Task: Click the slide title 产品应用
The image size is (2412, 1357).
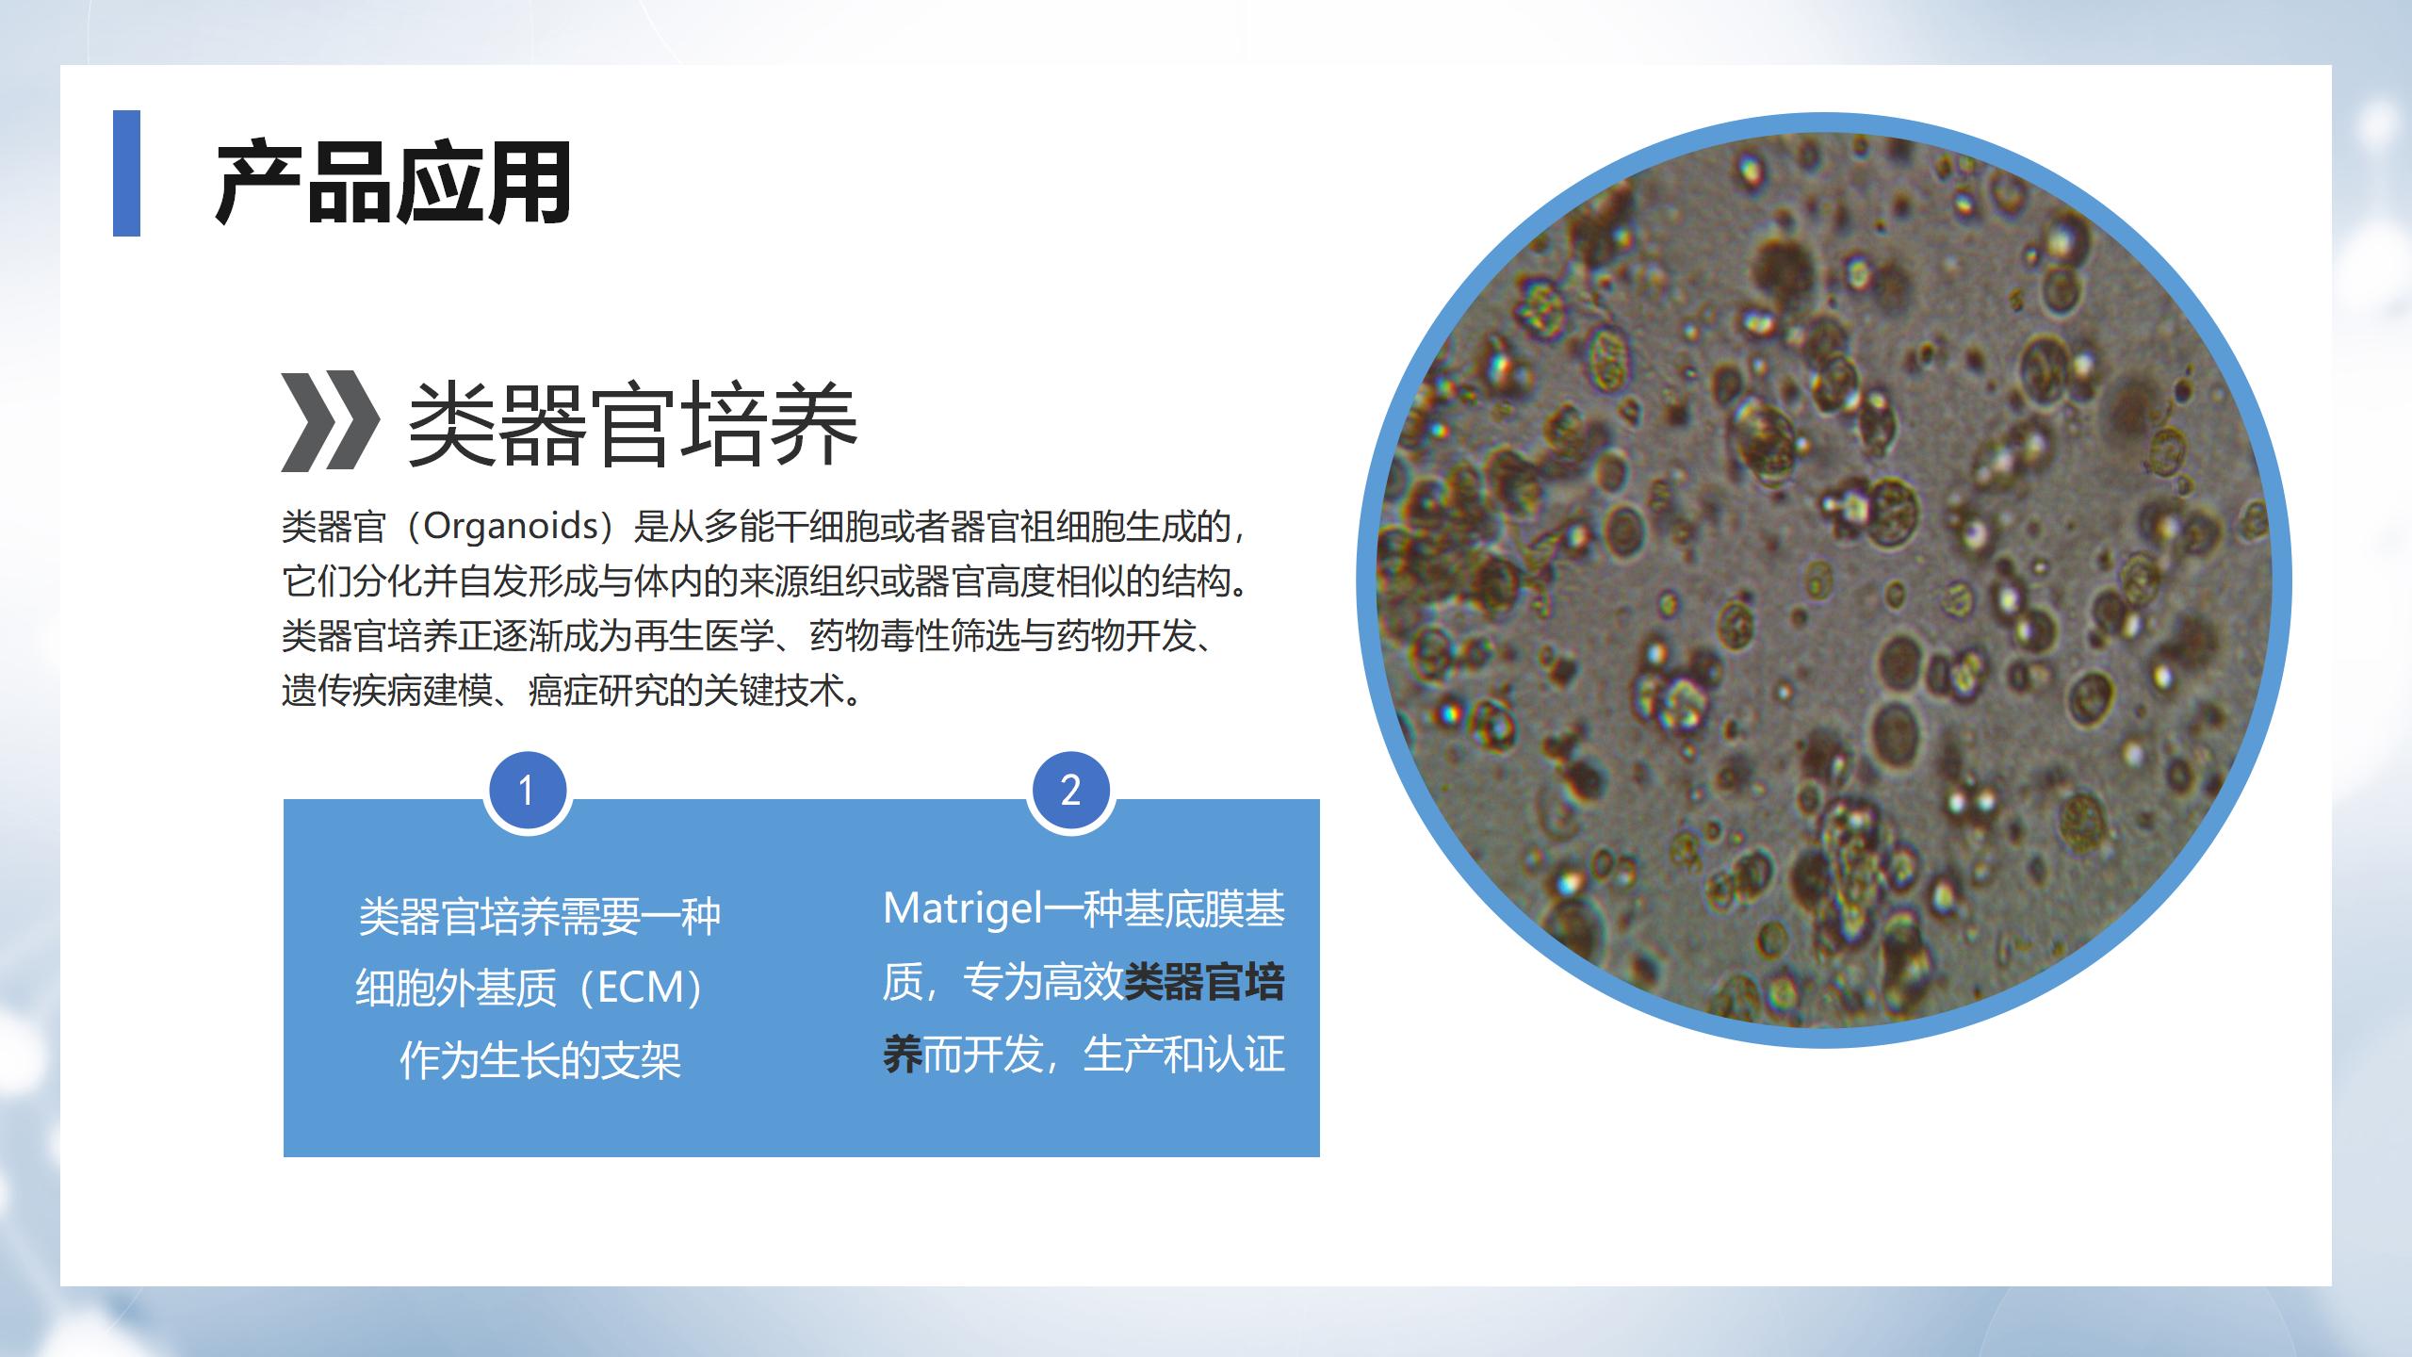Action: click(393, 183)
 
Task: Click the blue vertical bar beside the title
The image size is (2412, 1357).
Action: click(126, 173)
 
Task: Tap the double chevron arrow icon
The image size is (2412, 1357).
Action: click(331, 421)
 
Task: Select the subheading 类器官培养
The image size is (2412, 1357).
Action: click(632, 424)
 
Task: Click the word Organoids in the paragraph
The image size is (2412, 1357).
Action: click(511, 526)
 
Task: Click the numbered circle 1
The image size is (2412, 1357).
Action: click(528, 791)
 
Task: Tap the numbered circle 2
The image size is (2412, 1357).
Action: click(1070, 791)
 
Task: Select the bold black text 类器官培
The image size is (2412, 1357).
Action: click(1205, 983)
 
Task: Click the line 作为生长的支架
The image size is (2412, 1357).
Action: click(541, 1060)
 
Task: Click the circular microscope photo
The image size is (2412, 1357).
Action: click(1824, 580)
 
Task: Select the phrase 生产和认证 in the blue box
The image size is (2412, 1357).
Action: click(1185, 1055)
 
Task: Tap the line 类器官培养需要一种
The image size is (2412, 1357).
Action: click(540, 916)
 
